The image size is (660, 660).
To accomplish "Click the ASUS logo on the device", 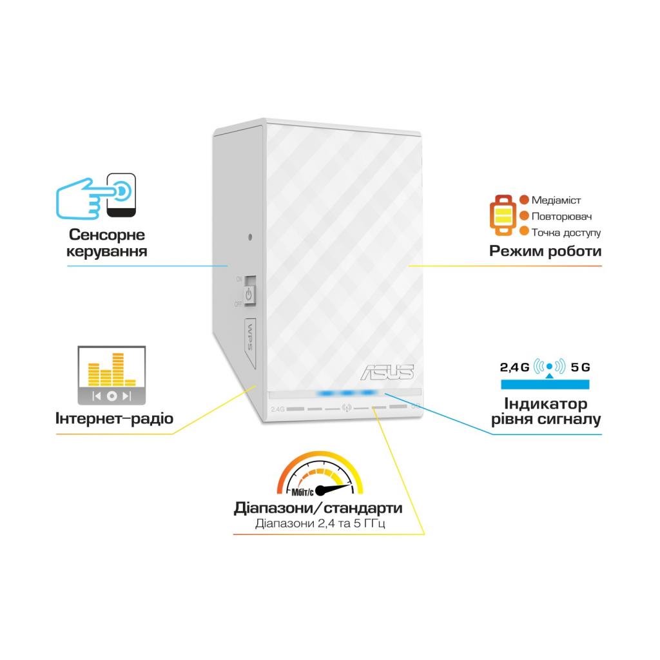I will point(387,372).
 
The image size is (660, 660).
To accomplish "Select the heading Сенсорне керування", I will point(107,243).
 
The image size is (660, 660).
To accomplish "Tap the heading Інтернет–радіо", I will point(115,419).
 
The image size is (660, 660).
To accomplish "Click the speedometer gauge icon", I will point(319,474).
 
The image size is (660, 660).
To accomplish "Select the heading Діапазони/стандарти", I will point(318,508).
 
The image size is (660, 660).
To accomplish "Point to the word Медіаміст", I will point(556,200).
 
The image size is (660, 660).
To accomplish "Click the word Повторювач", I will point(561,216).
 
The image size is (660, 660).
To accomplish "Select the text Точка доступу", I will point(566,231).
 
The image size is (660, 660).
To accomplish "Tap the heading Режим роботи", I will point(545,251).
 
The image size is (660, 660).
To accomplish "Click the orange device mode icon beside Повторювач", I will point(503,215).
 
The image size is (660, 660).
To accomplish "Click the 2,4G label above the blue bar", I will point(514,367).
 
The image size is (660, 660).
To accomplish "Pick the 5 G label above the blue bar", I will point(580,367).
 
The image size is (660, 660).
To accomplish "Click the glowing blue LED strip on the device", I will point(347,393).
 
